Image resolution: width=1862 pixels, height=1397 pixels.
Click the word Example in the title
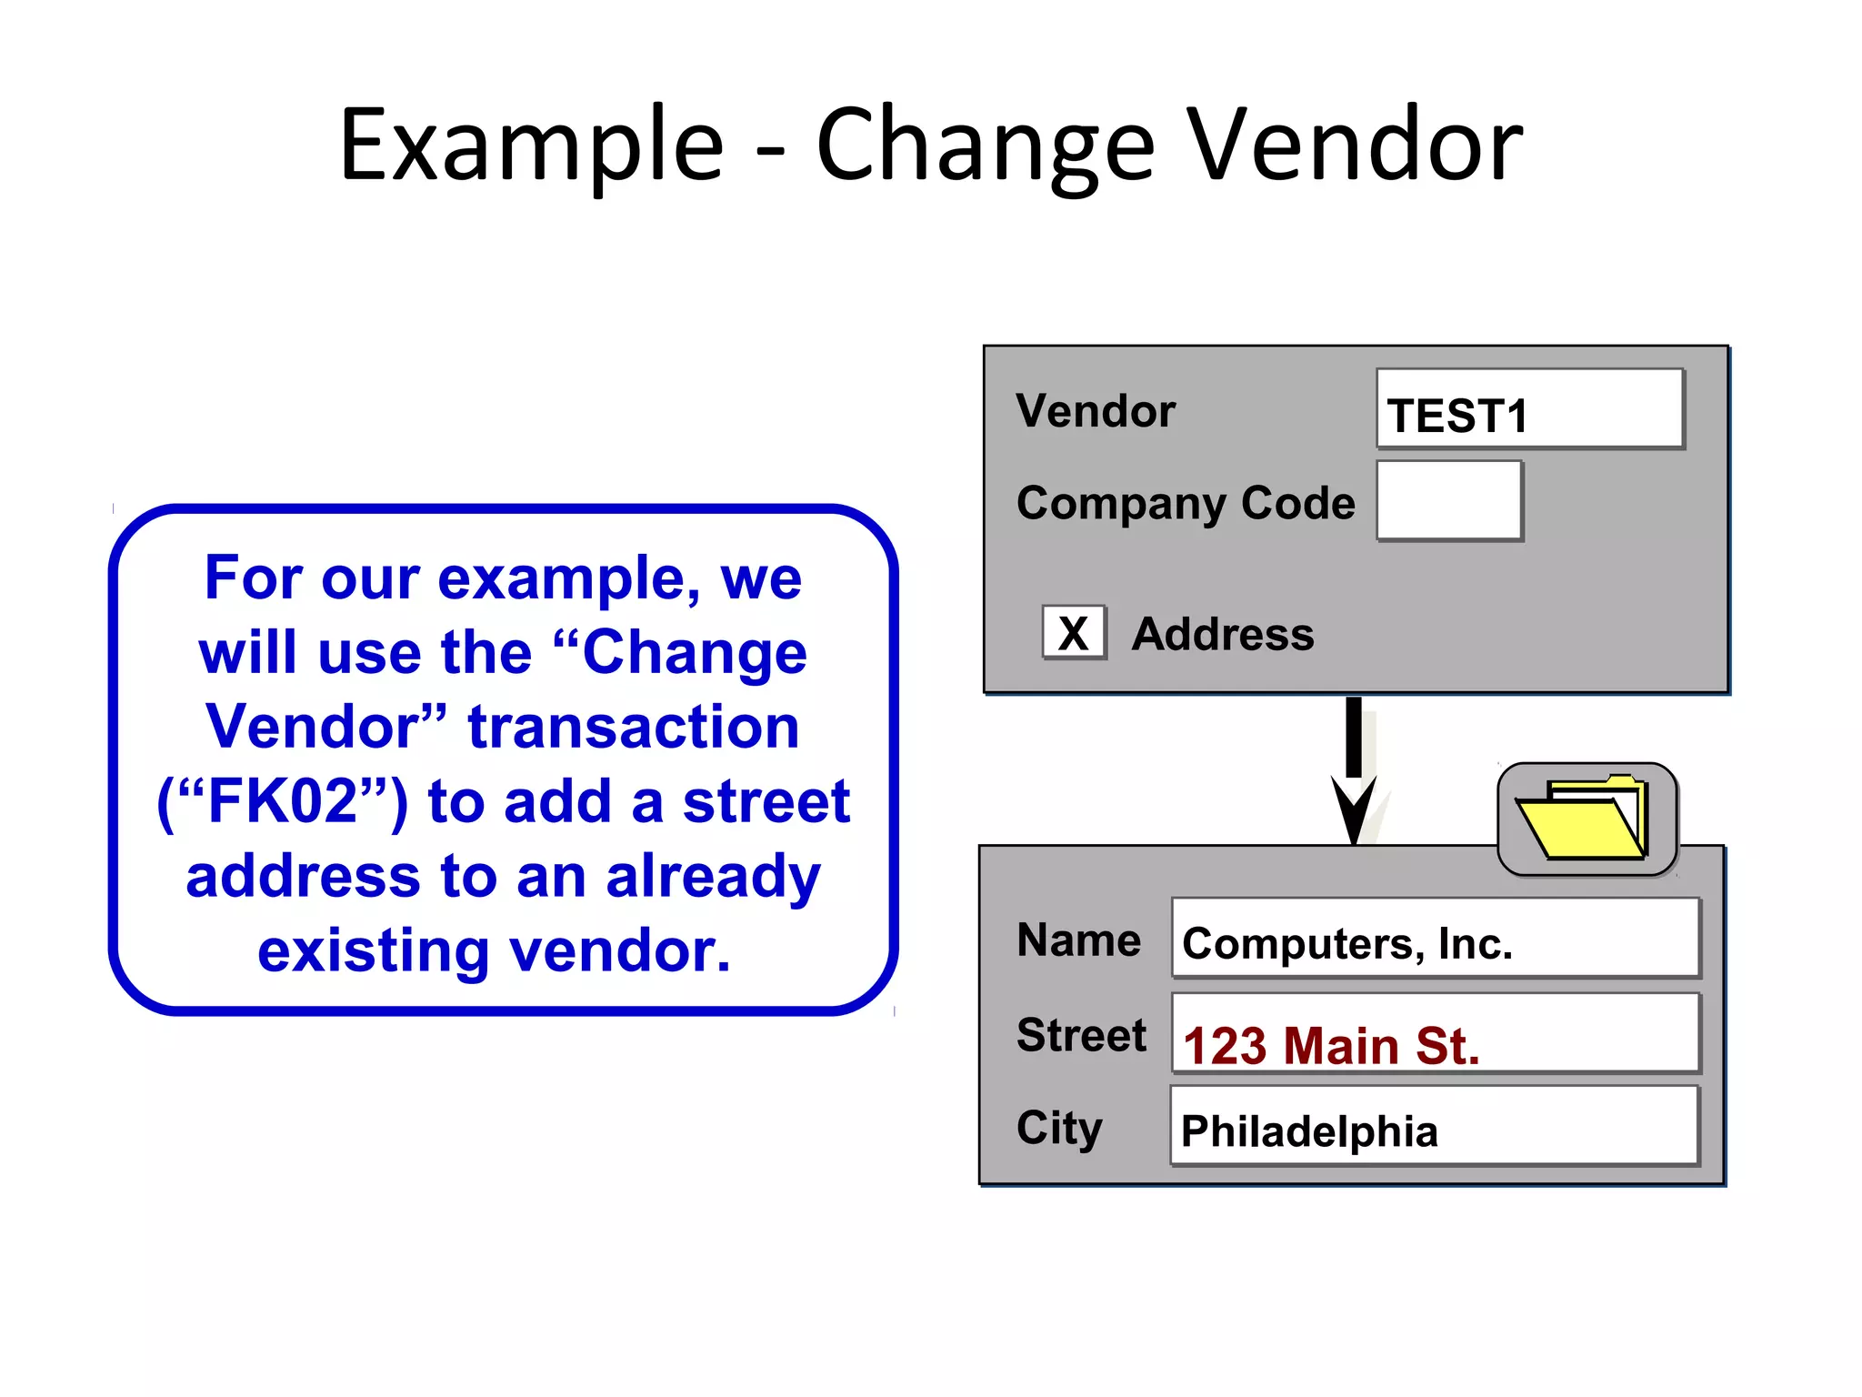[532, 146]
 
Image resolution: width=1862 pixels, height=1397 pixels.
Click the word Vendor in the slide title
[1356, 146]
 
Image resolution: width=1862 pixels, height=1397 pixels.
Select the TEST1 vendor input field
[1529, 409]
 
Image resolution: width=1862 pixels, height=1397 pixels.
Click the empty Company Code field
[1449, 500]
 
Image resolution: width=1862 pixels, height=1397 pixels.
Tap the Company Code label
[1185, 503]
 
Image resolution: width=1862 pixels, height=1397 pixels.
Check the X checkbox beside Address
[1074, 632]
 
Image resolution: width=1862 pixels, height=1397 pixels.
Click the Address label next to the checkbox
[1223, 634]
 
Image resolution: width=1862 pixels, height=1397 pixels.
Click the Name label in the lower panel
[1078, 940]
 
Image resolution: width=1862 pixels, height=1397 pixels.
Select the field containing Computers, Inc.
[1435, 939]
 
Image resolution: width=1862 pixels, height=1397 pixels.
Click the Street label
[1081, 1035]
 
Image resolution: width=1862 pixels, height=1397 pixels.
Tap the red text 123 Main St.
[1331, 1045]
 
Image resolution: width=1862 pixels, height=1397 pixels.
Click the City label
[1059, 1128]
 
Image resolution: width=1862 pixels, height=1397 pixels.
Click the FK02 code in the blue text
[283, 801]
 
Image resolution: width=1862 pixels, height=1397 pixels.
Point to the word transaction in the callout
[634, 728]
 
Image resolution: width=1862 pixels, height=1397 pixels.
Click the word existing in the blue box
[374, 950]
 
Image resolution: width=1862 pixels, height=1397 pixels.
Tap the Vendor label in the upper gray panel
[1096, 411]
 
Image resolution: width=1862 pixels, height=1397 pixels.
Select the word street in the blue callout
[766, 801]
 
